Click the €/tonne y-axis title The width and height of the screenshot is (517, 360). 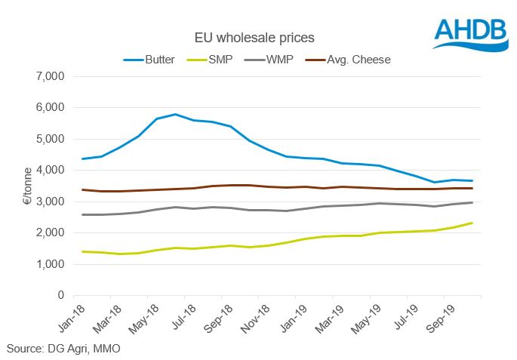(x=22, y=186)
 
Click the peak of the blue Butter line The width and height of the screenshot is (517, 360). (x=175, y=115)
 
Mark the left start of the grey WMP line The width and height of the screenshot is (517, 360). (x=82, y=214)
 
